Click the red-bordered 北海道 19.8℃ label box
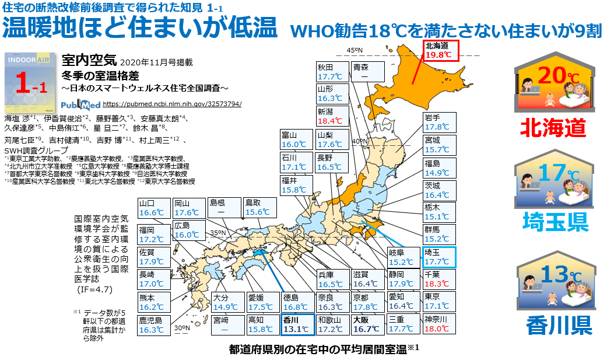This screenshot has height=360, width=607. click(x=441, y=50)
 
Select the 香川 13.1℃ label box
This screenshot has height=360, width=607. click(x=297, y=324)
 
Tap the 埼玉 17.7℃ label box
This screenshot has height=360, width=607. click(x=438, y=257)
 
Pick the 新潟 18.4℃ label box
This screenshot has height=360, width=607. click(x=333, y=116)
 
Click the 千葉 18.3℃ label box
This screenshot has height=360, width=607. click(x=438, y=279)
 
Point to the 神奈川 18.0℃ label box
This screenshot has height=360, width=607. click(x=438, y=324)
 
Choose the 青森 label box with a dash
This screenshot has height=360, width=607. click(x=368, y=71)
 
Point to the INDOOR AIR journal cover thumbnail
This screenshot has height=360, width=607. click(x=29, y=81)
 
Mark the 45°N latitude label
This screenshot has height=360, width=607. click(x=355, y=51)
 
